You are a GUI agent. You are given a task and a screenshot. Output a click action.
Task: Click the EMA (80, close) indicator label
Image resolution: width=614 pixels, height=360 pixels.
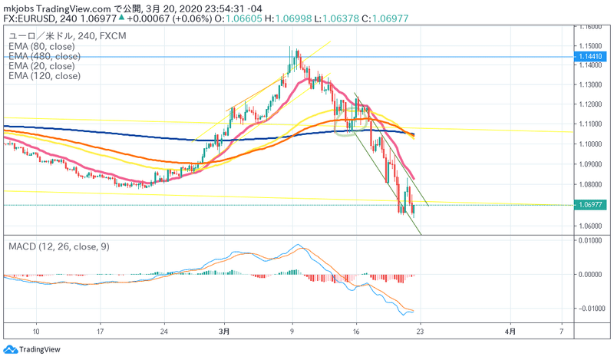pyautogui.click(x=43, y=47)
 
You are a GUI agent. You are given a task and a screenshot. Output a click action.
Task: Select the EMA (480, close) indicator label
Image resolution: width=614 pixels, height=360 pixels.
pyautogui.click(x=45, y=57)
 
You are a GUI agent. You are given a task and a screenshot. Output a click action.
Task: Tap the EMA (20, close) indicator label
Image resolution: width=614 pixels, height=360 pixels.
pyautogui.click(x=43, y=66)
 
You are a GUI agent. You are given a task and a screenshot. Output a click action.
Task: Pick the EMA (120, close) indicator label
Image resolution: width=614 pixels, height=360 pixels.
pyautogui.click(x=45, y=76)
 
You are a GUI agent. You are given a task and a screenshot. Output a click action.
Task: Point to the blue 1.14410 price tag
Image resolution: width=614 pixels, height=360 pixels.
pyautogui.click(x=595, y=57)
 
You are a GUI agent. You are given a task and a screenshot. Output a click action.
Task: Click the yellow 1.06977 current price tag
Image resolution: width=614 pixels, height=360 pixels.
pyautogui.click(x=595, y=205)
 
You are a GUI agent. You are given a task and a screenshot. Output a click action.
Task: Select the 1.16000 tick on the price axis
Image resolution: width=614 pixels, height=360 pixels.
pyautogui.click(x=593, y=26)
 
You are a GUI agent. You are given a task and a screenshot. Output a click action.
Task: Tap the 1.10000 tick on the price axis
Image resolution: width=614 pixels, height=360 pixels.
pyautogui.click(x=593, y=144)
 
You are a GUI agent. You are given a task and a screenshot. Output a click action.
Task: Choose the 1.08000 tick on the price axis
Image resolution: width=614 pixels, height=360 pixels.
pyautogui.click(x=593, y=184)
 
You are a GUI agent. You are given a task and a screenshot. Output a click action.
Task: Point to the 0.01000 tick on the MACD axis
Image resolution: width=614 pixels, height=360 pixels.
pyautogui.click(x=593, y=241)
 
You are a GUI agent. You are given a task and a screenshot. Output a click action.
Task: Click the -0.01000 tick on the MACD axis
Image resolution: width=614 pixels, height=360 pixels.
pyautogui.click(x=593, y=309)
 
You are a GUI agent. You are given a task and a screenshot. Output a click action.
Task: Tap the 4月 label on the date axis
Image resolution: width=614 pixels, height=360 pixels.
pyautogui.click(x=510, y=331)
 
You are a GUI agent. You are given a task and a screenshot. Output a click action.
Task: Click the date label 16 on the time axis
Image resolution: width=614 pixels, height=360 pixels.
pyautogui.click(x=357, y=331)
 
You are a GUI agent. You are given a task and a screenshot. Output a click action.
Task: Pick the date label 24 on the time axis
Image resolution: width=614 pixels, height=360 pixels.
pyautogui.click(x=163, y=331)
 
